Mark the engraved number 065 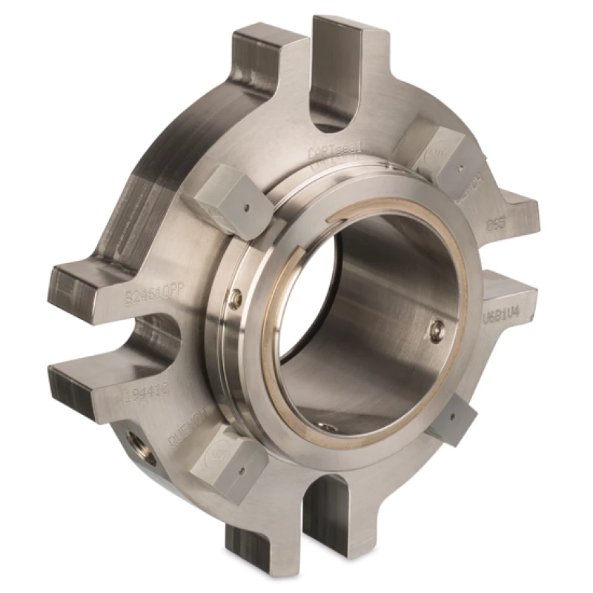[x=495, y=224]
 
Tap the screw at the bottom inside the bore [x=326, y=425]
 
